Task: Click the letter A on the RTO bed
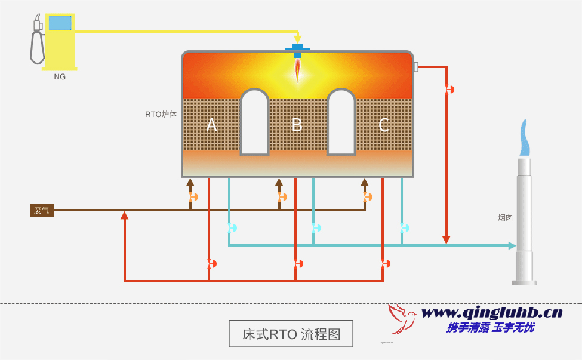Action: pos(211,125)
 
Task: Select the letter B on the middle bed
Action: pos(297,125)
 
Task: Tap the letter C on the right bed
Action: pos(384,125)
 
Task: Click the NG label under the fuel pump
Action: pos(60,77)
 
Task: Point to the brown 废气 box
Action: pos(42,210)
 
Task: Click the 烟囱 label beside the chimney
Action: pos(505,217)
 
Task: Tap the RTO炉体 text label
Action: pos(161,114)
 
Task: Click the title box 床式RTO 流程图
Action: pos(291,334)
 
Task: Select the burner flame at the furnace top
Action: pos(297,70)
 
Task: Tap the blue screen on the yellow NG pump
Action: pos(60,23)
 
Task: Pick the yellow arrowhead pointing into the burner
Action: pos(297,39)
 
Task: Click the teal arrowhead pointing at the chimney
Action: pos(512,245)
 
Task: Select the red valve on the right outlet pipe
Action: pos(449,90)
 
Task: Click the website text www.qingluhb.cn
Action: pos(492,312)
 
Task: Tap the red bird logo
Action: pos(401,319)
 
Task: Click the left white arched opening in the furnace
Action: pos(254,122)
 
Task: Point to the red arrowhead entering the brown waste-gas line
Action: pos(124,216)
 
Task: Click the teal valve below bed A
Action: pos(232,227)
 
